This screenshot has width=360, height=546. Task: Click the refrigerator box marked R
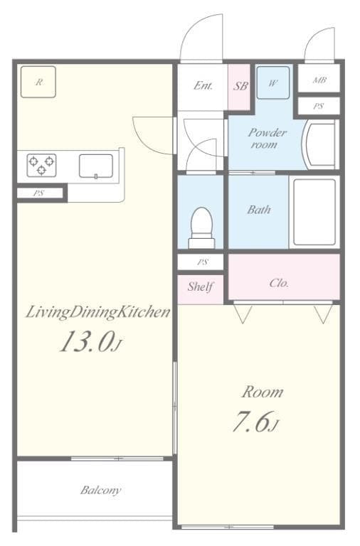pos(38,82)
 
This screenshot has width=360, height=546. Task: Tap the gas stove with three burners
pos(42,166)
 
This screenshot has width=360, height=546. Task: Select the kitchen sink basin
pos(95,166)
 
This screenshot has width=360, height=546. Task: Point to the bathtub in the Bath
pos(314,212)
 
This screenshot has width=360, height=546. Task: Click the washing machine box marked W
pos(272,82)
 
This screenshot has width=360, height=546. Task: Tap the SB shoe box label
pos(240,87)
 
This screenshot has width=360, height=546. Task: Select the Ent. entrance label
pos(203,86)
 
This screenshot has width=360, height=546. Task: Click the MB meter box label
pos(319,80)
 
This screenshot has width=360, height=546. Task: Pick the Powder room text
pos(267,138)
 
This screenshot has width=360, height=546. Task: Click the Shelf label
pos(201,287)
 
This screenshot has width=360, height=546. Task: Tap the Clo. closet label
pos(279,282)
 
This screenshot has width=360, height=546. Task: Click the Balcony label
pos(100,490)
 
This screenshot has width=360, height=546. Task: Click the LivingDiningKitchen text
pos(97,312)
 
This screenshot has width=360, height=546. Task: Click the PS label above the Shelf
pos(203,262)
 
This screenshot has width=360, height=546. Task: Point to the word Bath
pos(258,210)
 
